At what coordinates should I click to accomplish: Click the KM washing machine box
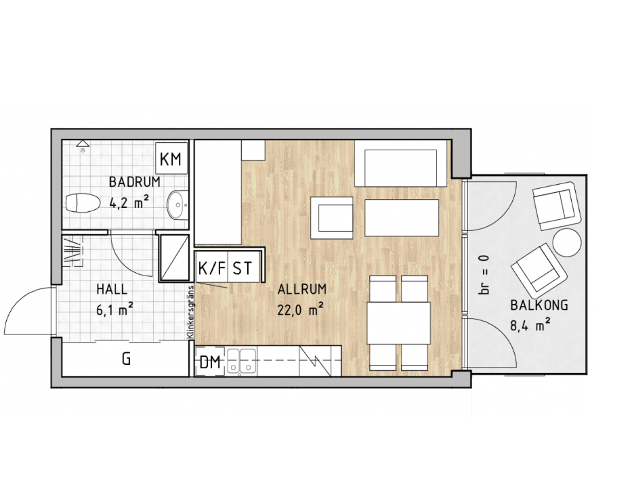tap(171, 158)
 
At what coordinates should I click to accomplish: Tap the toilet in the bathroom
tap(83, 202)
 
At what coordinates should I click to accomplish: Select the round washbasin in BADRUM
tap(177, 204)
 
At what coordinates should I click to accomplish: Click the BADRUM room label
tap(135, 182)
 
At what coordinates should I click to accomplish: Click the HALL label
tap(112, 289)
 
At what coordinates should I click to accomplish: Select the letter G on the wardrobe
tap(127, 359)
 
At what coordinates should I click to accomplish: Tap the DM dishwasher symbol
tap(210, 362)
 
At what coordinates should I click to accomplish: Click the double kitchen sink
tap(240, 360)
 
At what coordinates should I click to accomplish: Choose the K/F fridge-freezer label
tap(211, 268)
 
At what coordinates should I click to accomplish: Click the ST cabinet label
tap(242, 268)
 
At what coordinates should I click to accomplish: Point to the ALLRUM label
tap(302, 289)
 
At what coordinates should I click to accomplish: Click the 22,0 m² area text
tap(300, 310)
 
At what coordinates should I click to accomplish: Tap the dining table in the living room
tap(399, 323)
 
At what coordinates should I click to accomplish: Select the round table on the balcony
tap(567, 242)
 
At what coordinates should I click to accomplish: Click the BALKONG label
tap(539, 305)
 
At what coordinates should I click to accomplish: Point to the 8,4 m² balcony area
tap(530, 325)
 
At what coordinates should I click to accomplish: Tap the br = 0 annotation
tap(484, 275)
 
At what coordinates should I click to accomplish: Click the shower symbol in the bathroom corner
tap(83, 147)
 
